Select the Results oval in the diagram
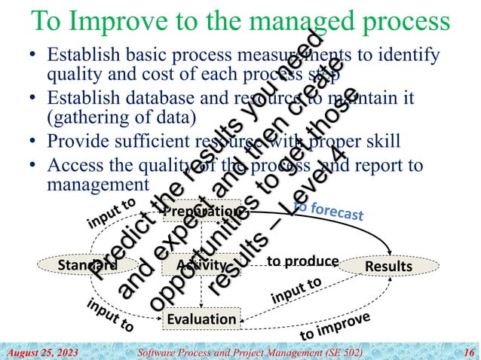point(388,267)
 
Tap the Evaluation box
point(201,319)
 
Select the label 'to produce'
point(303,261)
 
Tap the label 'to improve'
point(335,325)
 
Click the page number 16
point(469,352)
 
